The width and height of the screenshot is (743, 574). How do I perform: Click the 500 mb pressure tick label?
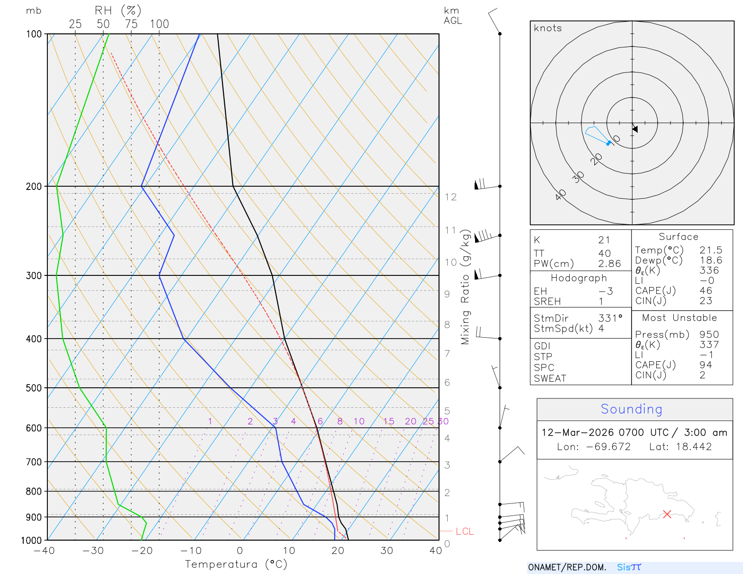click(33, 388)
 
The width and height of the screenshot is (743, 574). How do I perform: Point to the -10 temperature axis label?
click(191, 551)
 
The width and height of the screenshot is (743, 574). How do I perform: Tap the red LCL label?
click(464, 531)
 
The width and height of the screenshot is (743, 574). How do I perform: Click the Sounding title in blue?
click(631, 409)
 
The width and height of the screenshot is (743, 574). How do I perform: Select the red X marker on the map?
click(667, 514)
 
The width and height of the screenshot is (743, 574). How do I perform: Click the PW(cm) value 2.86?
click(609, 264)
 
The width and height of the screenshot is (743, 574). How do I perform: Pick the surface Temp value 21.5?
click(710, 250)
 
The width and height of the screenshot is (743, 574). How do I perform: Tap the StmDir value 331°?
click(610, 319)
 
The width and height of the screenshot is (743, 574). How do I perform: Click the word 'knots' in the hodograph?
click(547, 28)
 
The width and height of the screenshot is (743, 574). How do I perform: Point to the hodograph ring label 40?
click(561, 195)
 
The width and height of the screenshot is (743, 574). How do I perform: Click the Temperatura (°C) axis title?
click(236, 564)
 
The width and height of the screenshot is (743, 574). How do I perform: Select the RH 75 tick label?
click(131, 24)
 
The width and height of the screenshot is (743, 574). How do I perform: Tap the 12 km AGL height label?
click(450, 197)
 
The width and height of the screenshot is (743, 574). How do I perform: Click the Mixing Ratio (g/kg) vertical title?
click(465, 287)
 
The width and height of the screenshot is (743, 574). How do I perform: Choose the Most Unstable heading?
click(679, 318)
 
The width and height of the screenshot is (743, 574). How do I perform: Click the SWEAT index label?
click(550, 378)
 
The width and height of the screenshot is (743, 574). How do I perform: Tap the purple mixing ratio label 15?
click(389, 421)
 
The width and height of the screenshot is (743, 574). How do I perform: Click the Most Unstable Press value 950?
click(709, 335)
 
